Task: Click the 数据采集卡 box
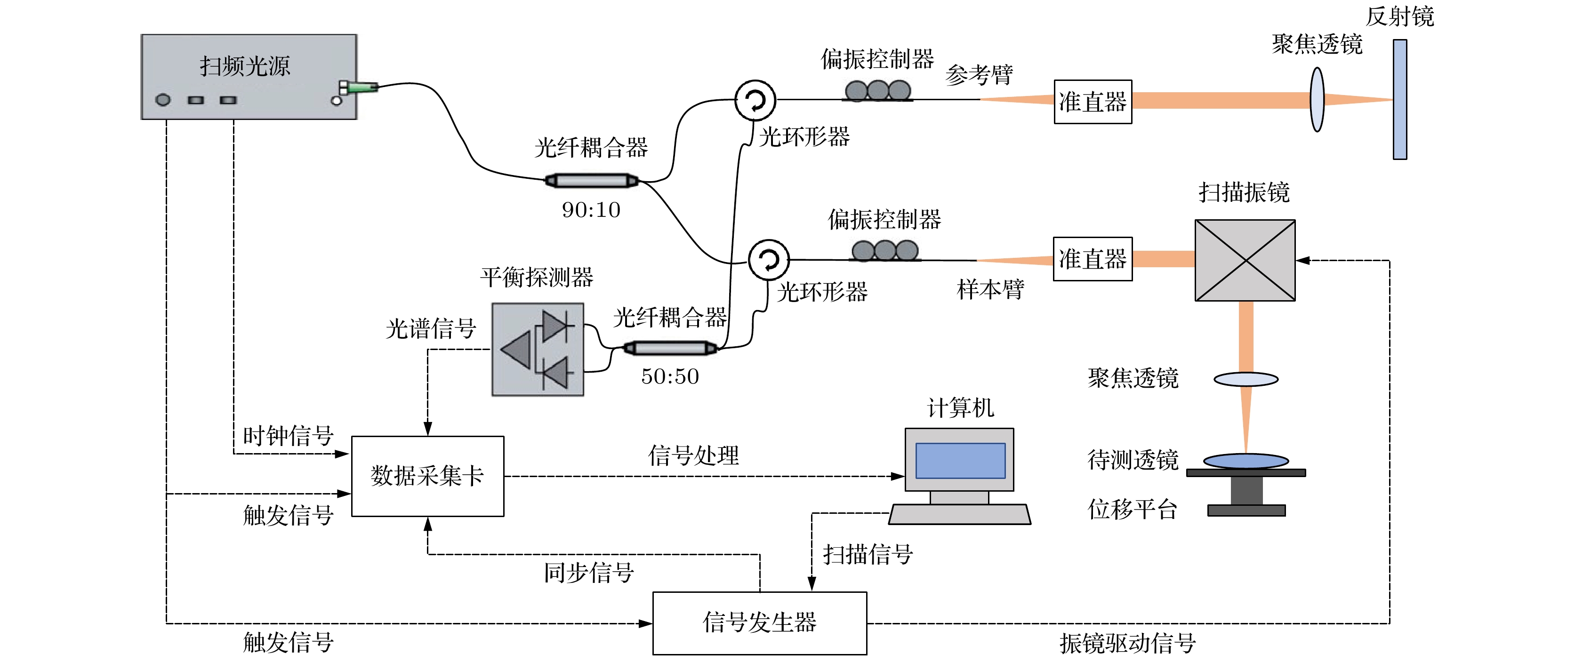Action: [427, 476]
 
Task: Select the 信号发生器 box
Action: [759, 623]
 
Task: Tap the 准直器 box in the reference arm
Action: [1093, 102]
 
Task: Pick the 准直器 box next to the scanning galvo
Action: [1093, 259]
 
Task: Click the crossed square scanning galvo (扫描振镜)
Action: [1245, 260]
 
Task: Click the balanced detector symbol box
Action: [538, 350]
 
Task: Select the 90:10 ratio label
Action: [591, 210]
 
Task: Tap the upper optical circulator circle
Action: [755, 100]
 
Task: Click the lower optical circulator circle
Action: [769, 260]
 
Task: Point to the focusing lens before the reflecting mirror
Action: [1317, 100]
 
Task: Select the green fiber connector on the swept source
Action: [362, 88]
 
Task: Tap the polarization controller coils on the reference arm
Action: [877, 91]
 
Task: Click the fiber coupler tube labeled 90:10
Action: [591, 180]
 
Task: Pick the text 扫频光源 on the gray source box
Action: [245, 66]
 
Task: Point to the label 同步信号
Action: [589, 573]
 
